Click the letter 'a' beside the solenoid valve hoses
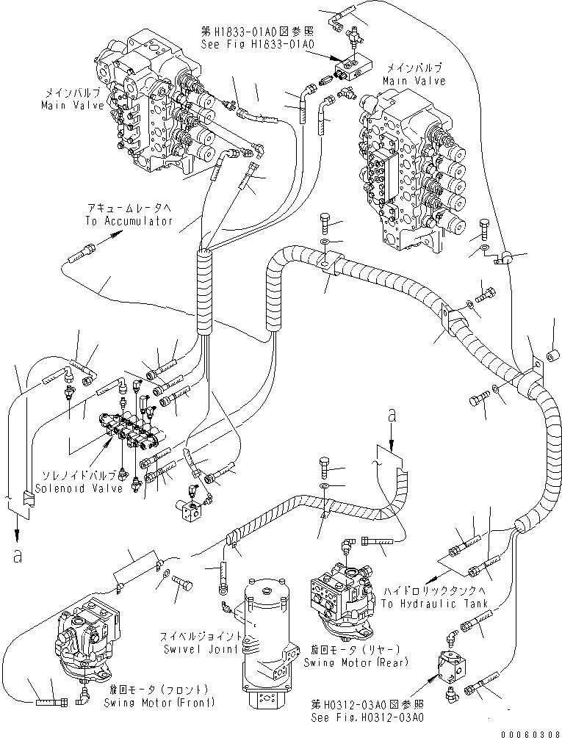pos(15,556)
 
